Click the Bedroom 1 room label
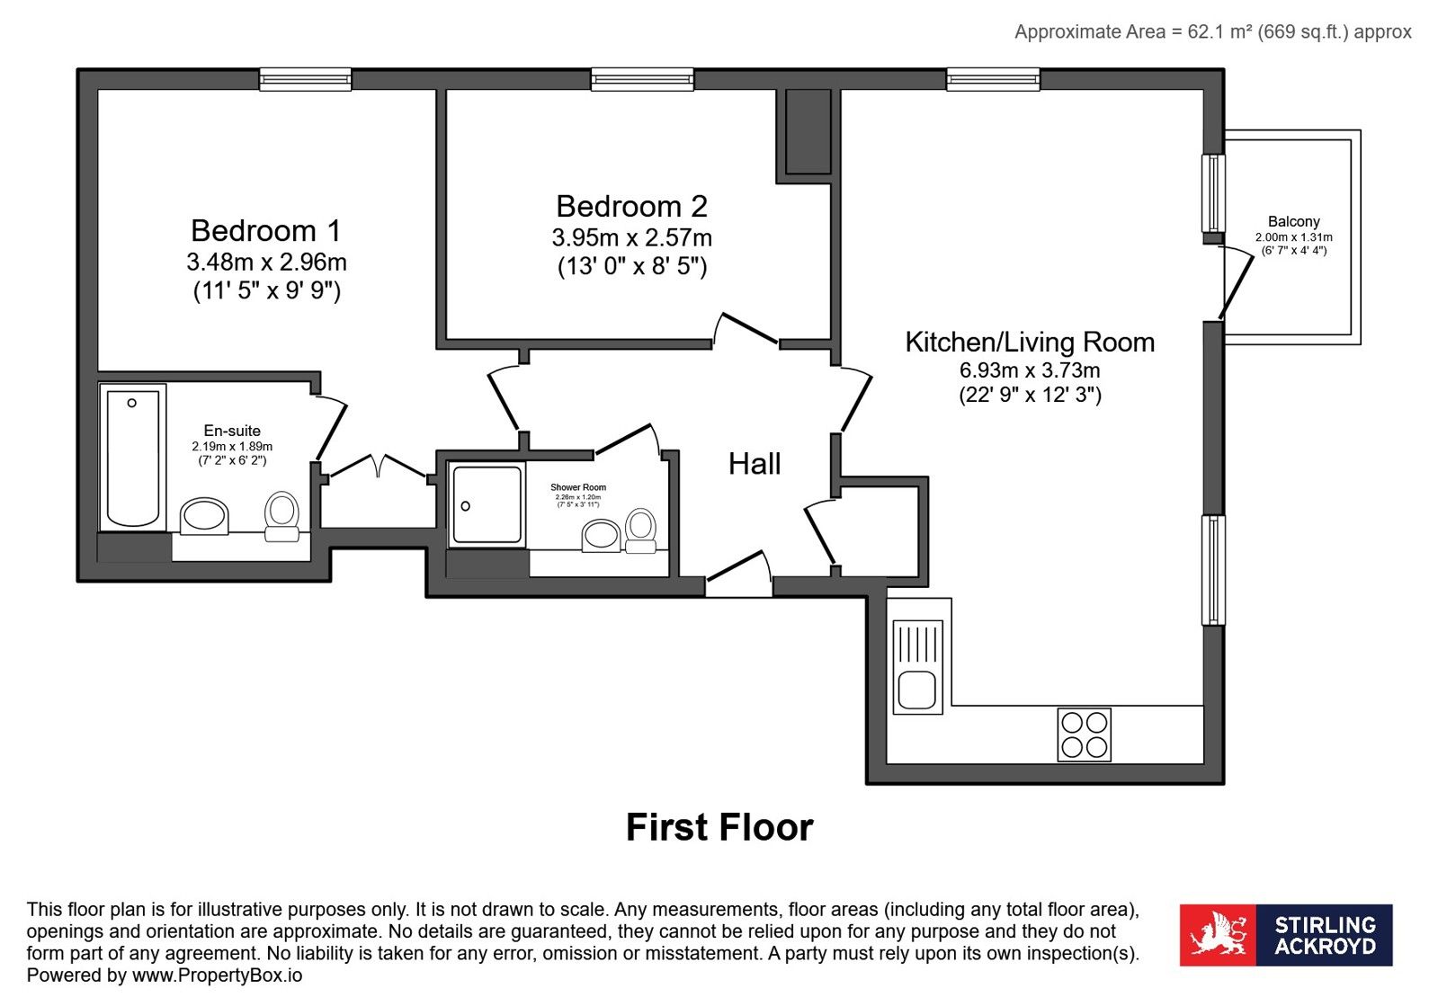pos(266,231)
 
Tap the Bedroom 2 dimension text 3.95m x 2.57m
pos(631,238)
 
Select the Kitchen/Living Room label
pos(1030,343)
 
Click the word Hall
pos(755,464)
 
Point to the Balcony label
pos(1293,221)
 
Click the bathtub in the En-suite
pos(133,458)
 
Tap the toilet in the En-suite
pos(281,516)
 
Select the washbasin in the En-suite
pos(204,516)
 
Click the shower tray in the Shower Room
pos(487,505)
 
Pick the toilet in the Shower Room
pos(640,530)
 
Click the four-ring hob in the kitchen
pos(1085,734)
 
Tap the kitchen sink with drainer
pos(917,667)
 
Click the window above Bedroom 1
pos(306,79)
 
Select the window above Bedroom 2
pos(643,79)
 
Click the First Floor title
pos(719,827)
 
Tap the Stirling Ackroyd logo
pos(1286,935)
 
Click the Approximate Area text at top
pos(1212,32)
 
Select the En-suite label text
pos(232,431)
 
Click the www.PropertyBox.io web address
pos(217,975)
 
